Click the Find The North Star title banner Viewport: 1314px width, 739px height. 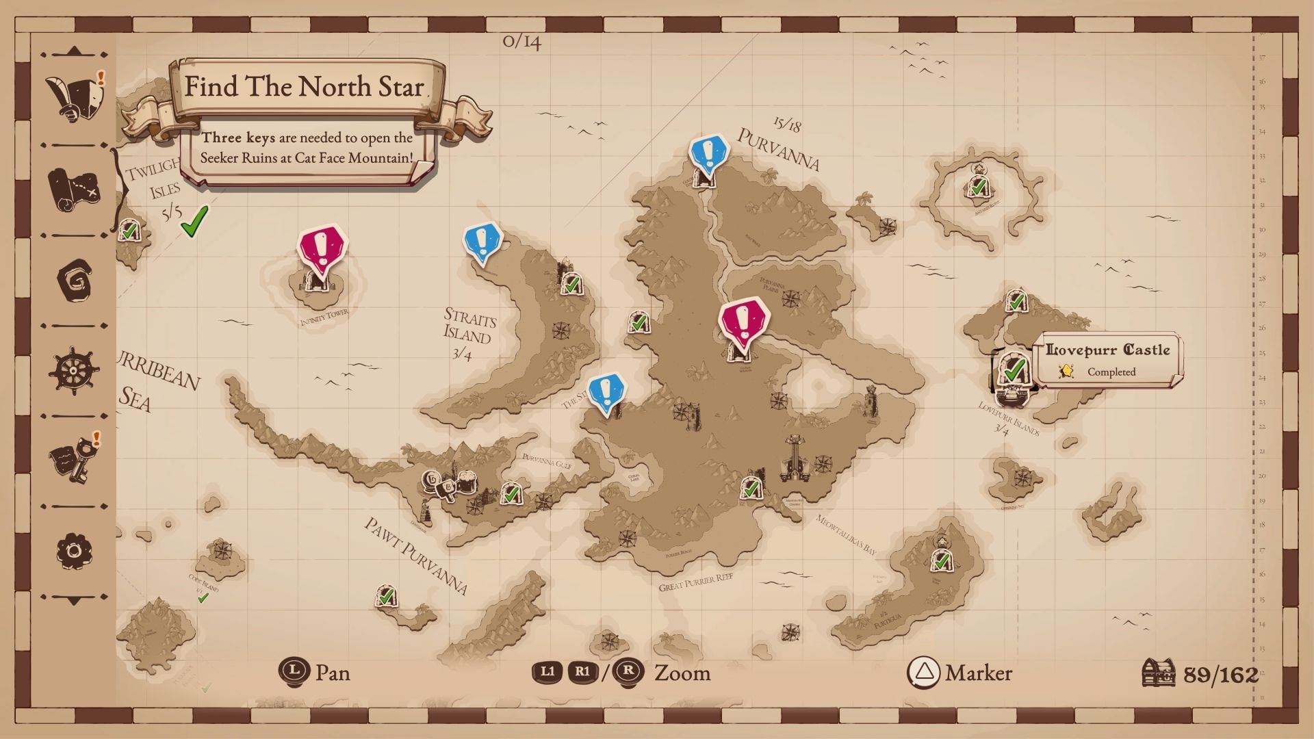(304, 88)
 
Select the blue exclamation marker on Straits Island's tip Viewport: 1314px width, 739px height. (482, 242)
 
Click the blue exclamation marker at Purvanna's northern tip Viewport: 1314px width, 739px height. (708, 153)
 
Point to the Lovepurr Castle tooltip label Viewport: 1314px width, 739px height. (1107, 350)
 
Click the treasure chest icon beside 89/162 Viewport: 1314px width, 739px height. (1158, 673)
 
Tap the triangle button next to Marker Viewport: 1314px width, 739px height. (923, 673)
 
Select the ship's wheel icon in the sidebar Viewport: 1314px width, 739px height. (73, 370)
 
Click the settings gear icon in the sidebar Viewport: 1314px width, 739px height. (74, 551)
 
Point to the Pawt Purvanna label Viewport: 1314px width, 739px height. (415, 555)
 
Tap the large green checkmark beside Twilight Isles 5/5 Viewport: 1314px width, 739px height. (194, 221)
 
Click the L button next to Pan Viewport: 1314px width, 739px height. (294, 672)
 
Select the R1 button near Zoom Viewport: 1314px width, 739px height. (582, 672)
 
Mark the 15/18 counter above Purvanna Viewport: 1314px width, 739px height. (787, 124)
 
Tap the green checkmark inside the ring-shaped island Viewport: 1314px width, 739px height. (978, 185)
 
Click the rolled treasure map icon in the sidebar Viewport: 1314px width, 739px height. (73, 190)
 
